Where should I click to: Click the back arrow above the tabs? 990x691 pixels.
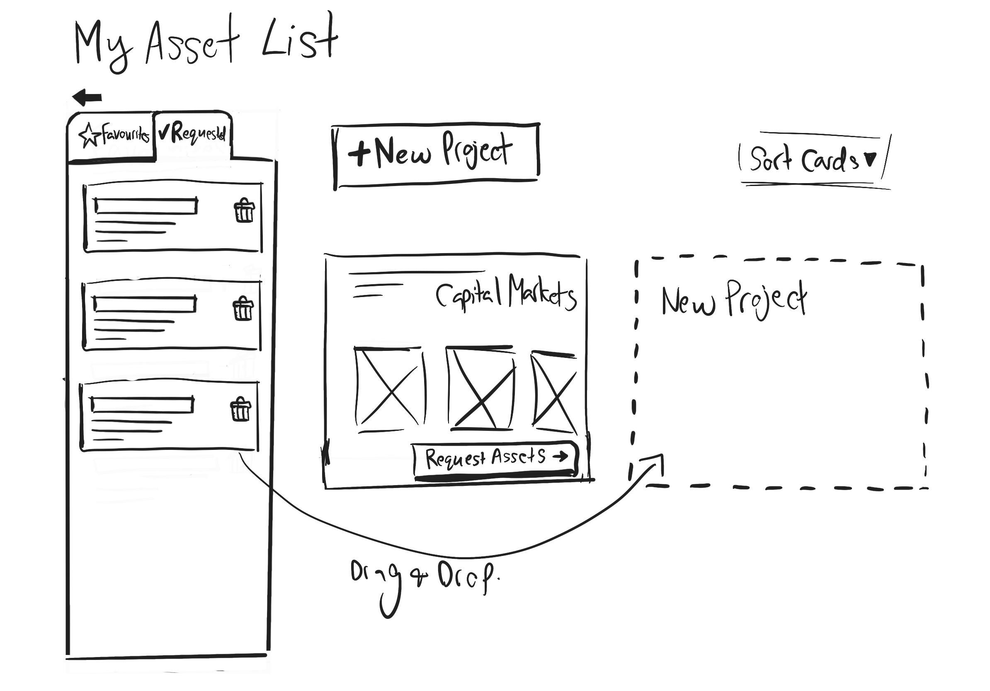coord(87,97)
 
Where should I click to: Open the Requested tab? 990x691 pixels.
coord(192,133)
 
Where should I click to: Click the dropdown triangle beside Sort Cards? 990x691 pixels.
coord(871,159)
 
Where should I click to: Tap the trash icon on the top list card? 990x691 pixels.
coord(244,211)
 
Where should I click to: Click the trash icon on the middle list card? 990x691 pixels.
coord(243,309)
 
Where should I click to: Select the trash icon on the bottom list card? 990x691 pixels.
coord(240,410)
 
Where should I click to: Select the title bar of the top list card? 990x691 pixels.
coord(146,206)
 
